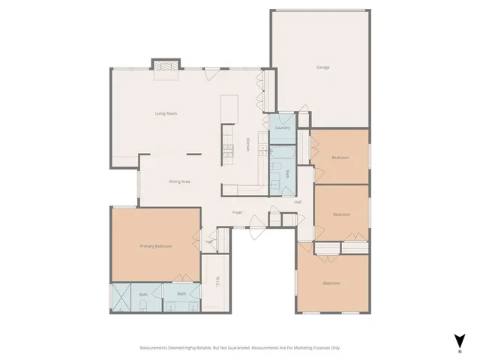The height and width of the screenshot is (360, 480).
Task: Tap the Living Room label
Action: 166,113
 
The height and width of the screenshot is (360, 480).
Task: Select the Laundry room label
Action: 283,127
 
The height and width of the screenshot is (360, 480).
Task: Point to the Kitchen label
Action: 249,145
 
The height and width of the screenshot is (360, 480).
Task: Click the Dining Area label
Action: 178,181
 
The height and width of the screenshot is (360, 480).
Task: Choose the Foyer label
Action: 237,212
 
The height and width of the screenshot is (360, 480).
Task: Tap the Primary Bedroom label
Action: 155,246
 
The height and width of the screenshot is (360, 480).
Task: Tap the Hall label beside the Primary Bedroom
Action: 209,241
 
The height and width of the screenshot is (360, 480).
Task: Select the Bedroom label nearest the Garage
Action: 340,157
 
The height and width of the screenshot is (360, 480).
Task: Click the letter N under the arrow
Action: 459,350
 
